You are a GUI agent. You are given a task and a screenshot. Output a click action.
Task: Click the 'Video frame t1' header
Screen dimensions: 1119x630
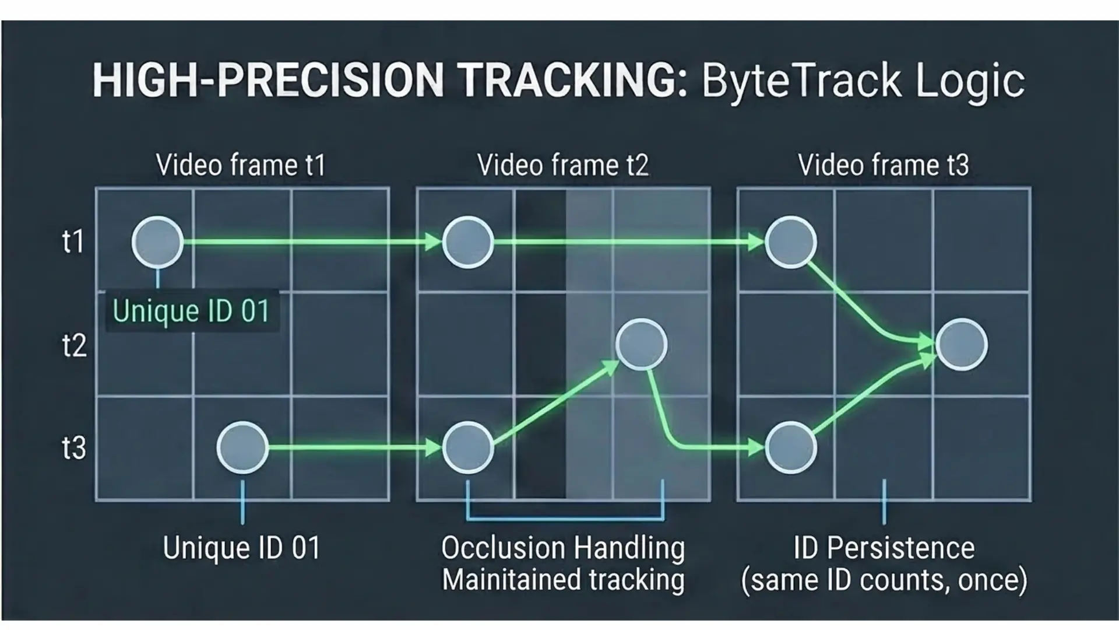point(241,165)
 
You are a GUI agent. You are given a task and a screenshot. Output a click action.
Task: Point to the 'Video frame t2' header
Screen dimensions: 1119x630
point(562,165)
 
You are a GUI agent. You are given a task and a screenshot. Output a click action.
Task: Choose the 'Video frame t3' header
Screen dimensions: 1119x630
point(883,165)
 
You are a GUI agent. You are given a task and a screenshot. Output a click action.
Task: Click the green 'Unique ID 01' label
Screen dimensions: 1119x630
point(191,311)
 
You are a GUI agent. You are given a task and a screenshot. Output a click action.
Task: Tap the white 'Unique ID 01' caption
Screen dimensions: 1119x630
point(242,548)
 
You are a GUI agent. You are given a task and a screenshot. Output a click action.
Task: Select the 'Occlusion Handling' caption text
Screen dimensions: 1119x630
point(563,548)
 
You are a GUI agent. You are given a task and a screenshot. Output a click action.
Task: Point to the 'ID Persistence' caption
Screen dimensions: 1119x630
point(884,548)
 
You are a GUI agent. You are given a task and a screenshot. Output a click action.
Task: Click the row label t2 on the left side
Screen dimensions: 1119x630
point(74,345)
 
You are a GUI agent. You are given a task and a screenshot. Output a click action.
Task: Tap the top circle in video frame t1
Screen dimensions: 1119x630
point(157,242)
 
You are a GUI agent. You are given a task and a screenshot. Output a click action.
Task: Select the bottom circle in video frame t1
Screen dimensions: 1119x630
point(242,447)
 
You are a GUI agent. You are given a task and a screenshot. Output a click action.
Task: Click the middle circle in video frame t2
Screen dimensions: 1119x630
point(642,344)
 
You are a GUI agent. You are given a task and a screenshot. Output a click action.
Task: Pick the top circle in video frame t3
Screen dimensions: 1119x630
point(790,242)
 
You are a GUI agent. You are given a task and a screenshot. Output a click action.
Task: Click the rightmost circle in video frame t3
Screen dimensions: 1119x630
point(962,344)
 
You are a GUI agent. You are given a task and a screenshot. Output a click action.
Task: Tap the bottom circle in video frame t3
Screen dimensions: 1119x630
point(790,447)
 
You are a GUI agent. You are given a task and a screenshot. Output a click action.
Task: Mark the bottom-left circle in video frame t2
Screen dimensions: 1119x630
point(468,447)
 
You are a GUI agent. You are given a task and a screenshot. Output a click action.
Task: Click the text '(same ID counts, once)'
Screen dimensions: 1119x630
point(884,580)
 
